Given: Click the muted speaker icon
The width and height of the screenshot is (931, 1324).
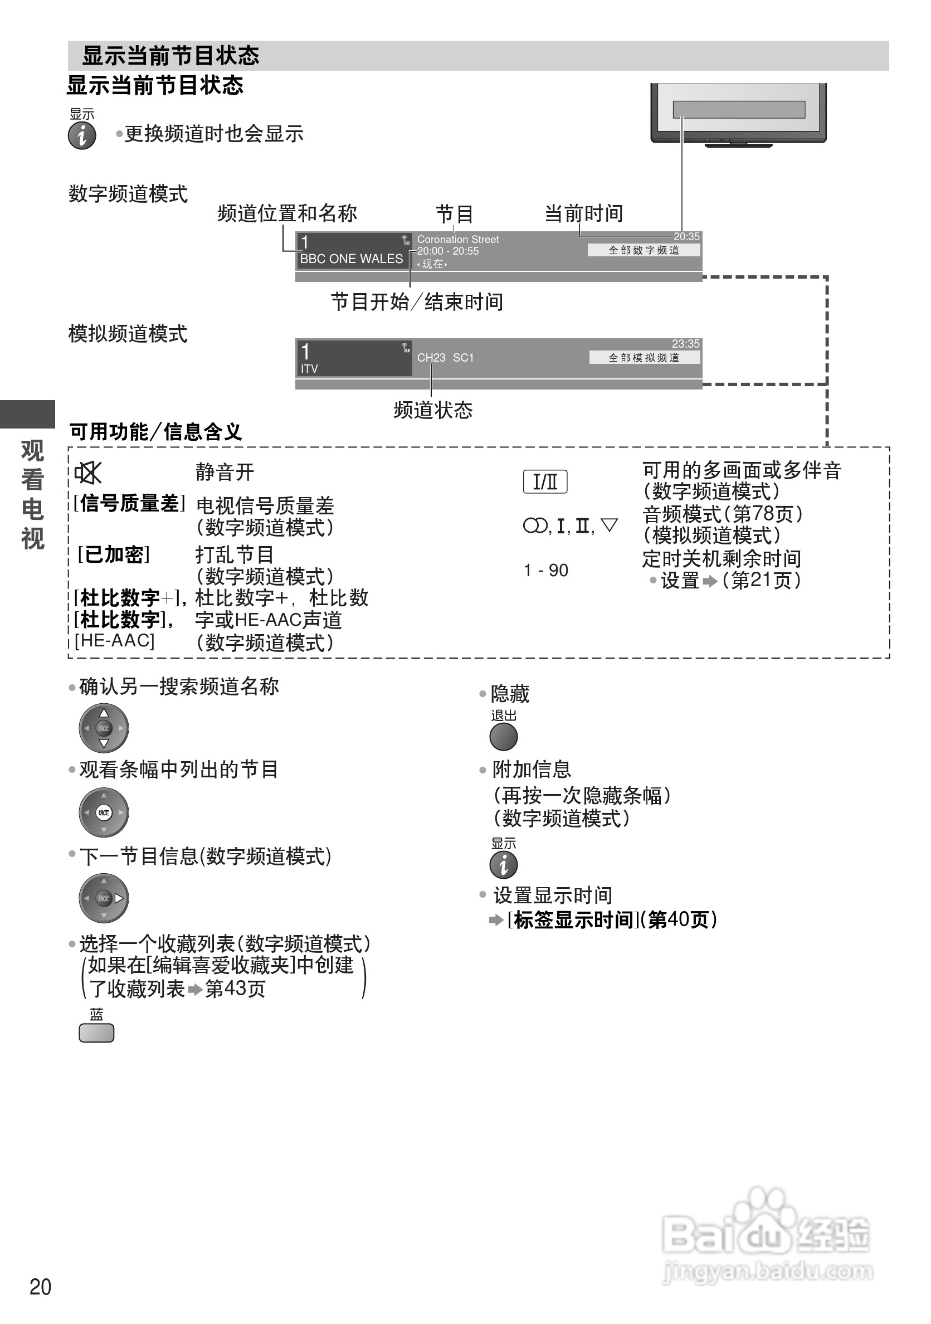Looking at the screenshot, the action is tap(88, 473).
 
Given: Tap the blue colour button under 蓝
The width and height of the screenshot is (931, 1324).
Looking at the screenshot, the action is tap(96, 1033).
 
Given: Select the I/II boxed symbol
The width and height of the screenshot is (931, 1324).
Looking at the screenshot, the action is tap(545, 481).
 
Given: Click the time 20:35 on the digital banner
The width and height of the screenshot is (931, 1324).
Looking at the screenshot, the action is tap(686, 236).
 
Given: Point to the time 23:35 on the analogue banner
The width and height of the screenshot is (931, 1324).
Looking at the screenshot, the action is tap(685, 344).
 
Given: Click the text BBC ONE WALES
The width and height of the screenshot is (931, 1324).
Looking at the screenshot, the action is tap(351, 259).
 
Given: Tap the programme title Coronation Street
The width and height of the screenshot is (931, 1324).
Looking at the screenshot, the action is tap(458, 239).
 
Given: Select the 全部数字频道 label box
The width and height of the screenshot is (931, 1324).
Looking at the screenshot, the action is tap(644, 250).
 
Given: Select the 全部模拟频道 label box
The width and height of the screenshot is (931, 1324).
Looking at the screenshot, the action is tap(644, 358).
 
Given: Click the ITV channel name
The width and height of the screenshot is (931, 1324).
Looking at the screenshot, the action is tap(309, 368).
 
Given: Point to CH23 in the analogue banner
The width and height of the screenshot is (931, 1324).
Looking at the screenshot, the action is tap(431, 358).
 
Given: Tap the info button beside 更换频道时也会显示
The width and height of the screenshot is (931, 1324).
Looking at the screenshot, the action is tap(82, 136).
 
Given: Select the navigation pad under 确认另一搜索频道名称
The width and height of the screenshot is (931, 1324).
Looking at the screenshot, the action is tap(104, 728).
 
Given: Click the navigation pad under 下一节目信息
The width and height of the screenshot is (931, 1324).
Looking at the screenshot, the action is tap(104, 898).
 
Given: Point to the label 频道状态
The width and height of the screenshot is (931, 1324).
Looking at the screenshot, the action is tap(433, 410).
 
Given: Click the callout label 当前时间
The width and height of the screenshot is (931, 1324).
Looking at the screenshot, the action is tap(583, 213).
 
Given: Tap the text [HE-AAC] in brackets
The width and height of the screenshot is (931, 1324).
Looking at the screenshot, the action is tap(115, 640).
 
